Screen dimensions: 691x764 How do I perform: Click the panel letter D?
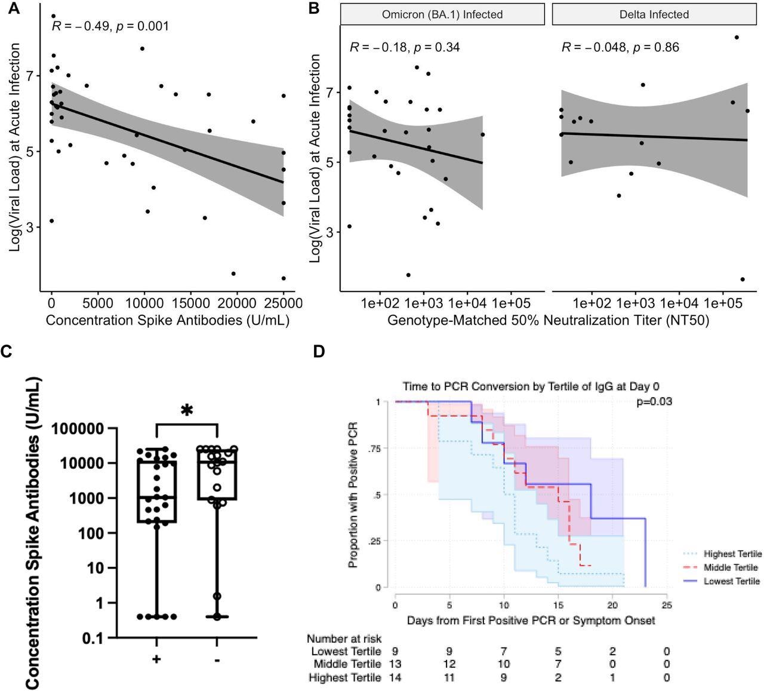coord(319,351)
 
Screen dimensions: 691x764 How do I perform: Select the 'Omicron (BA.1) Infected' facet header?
coord(442,14)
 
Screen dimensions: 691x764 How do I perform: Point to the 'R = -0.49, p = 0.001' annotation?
coord(110,26)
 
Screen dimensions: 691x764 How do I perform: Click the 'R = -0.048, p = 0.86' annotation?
coord(620,47)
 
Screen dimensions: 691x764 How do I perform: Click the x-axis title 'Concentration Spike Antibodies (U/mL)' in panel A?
coord(168,321)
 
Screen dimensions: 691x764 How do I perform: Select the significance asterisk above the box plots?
coord(187,411)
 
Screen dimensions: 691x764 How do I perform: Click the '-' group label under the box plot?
coord(216,660)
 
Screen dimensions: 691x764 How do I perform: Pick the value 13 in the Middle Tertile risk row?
coord(395,664)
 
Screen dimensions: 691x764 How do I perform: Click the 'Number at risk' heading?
coord(344,639)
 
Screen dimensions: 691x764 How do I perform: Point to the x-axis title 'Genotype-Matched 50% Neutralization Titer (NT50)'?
coord(549,321)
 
